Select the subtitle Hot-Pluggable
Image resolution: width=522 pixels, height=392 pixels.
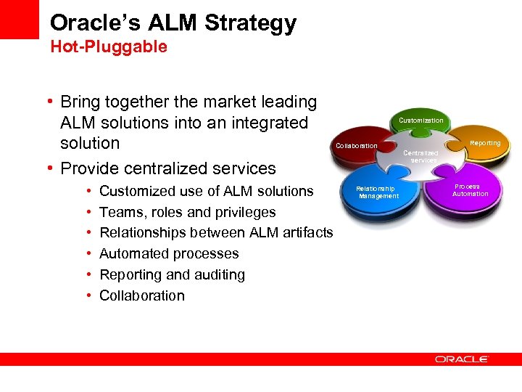(x=108, y=47)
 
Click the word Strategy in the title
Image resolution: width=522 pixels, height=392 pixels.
(x=251, y=23)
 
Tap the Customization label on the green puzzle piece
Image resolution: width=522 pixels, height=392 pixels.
(x=421, y=120)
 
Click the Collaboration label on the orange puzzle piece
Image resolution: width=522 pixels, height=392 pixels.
(x=356, y=146)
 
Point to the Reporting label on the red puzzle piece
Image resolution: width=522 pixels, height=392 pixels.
(x=485, y=143)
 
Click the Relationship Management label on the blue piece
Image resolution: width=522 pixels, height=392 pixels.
(x=378, y=192)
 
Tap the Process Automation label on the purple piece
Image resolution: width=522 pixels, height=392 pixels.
(x=471, y=190)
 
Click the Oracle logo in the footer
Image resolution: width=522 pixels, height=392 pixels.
(x=462, y=359)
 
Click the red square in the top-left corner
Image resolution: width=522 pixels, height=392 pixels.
(x=19, y=19)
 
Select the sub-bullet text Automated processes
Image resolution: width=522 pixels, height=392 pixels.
(x=169, y=253)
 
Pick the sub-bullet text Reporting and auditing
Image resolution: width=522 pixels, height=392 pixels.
(x=172, y=274)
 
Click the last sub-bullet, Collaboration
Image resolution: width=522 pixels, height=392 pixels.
(x=141, y=295)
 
